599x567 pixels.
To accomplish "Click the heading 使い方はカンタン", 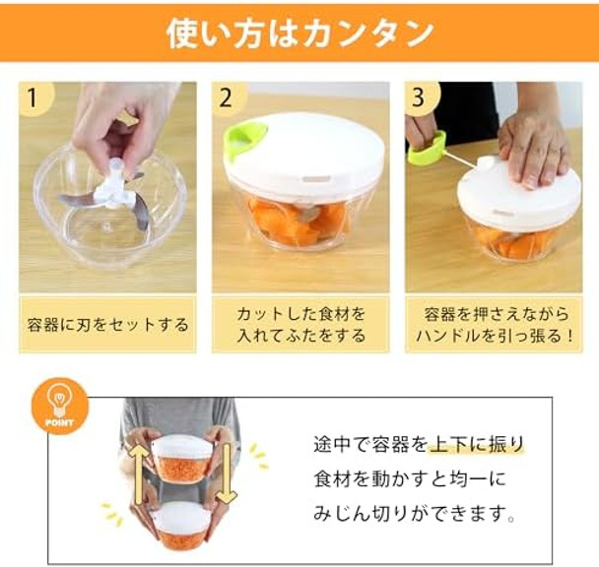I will pos(299,32).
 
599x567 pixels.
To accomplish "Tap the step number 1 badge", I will pos(35,98).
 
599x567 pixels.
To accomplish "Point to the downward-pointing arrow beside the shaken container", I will pos(226,472).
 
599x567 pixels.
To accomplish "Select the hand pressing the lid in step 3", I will pos(533,148).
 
